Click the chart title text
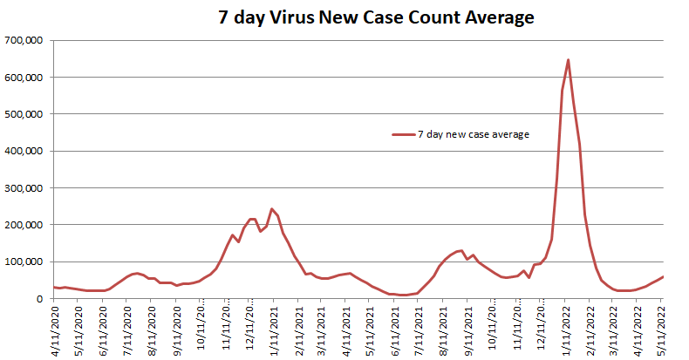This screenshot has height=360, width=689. [375, 17]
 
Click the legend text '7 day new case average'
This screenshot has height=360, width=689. [474, 134]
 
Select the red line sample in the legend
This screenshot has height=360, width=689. [403, 134]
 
